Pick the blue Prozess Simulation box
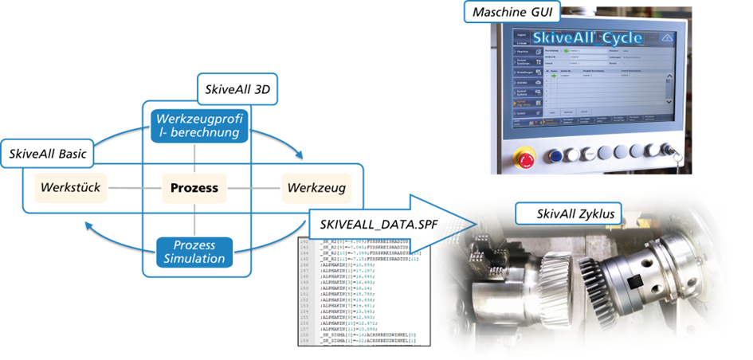pos(196,251)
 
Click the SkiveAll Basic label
pos(49,151)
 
